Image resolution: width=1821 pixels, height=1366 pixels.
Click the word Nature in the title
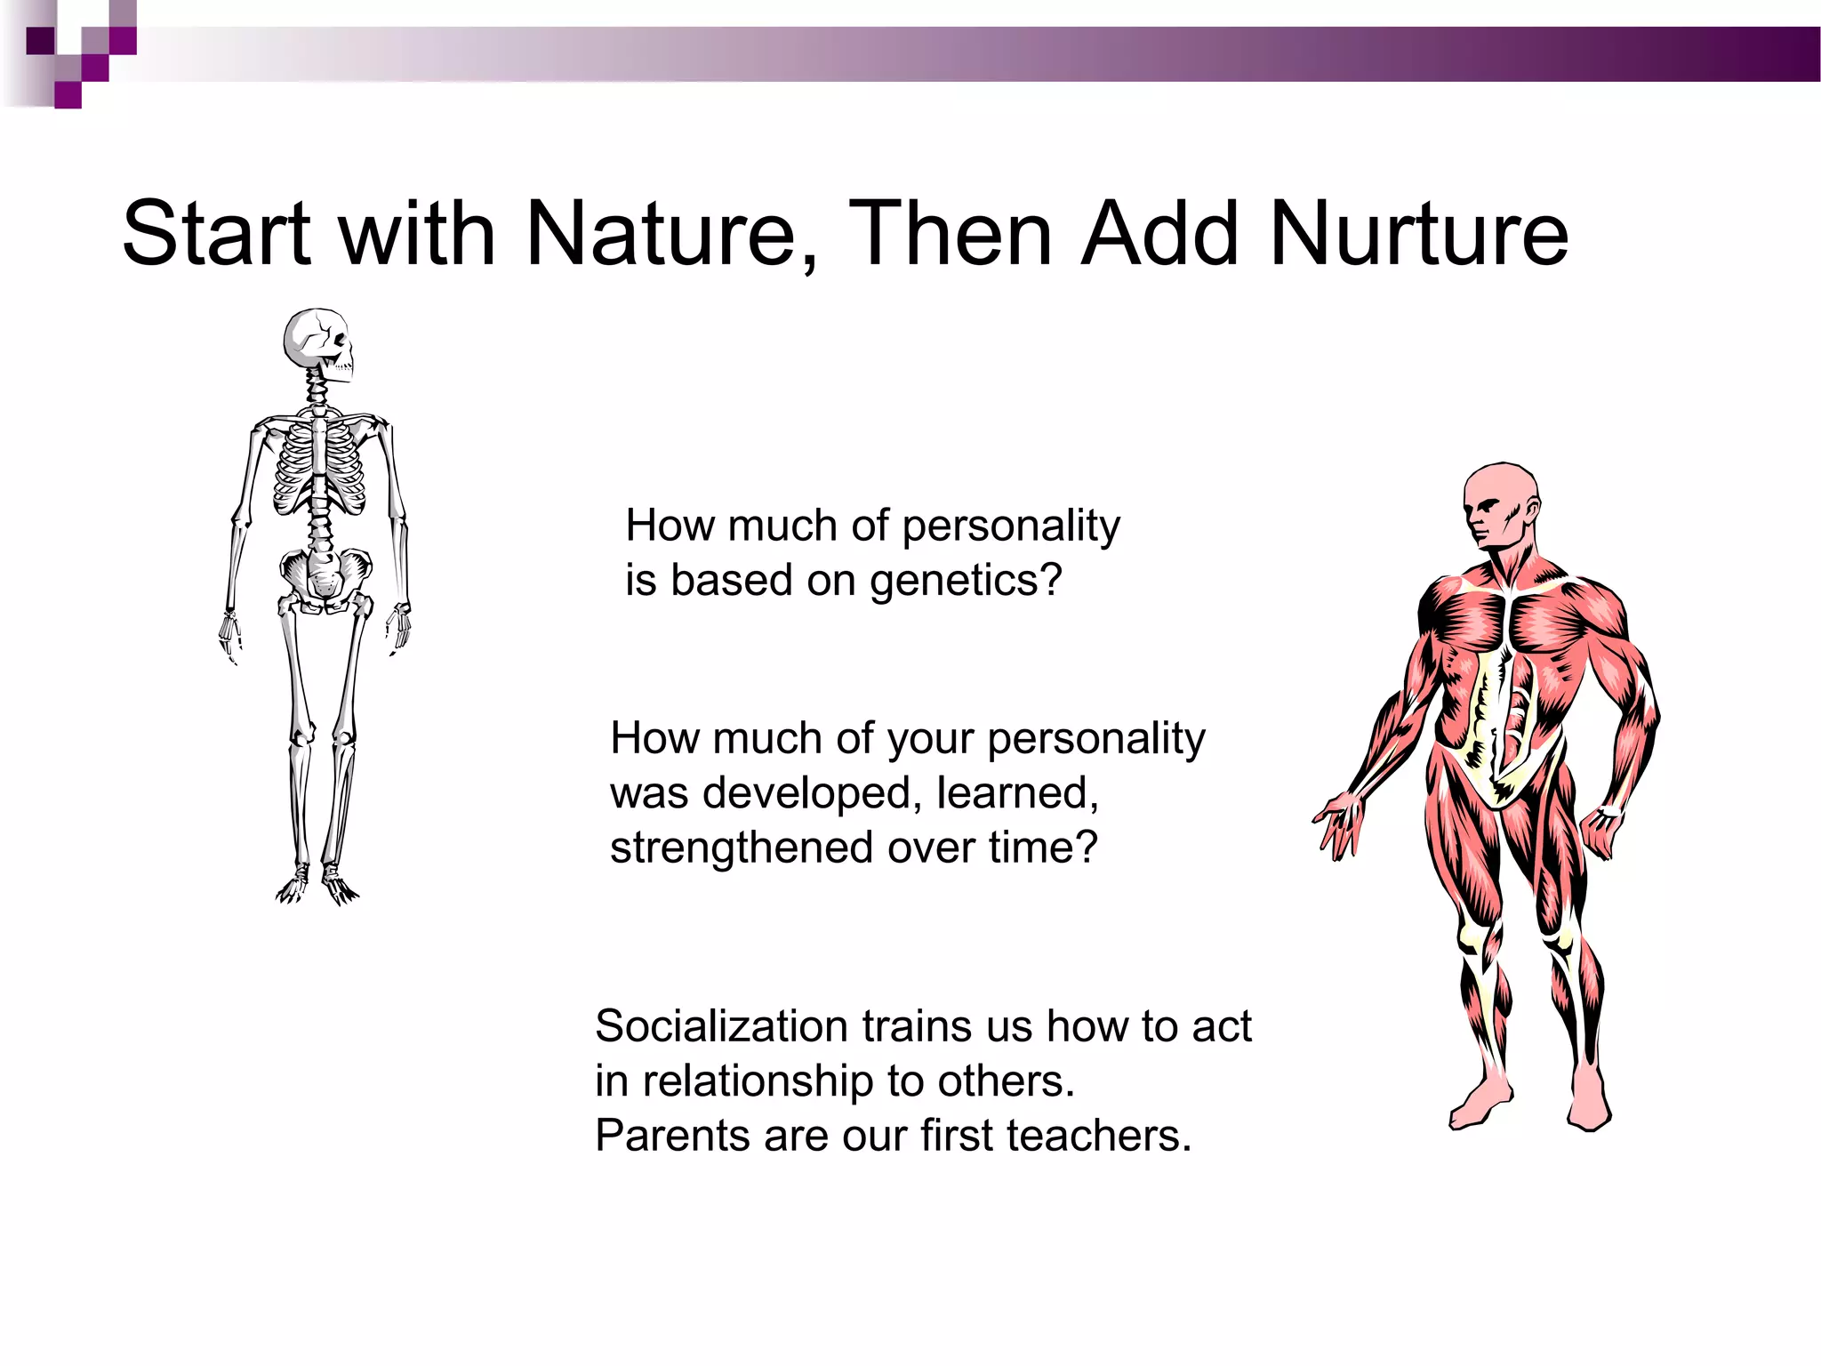(659, 233)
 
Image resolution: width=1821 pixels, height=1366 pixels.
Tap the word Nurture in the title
(1419, 233)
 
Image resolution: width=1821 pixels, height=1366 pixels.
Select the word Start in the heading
(216, 233)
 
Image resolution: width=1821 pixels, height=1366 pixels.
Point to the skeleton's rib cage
(318, 467)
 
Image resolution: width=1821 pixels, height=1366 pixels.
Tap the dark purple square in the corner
(41, 41)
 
